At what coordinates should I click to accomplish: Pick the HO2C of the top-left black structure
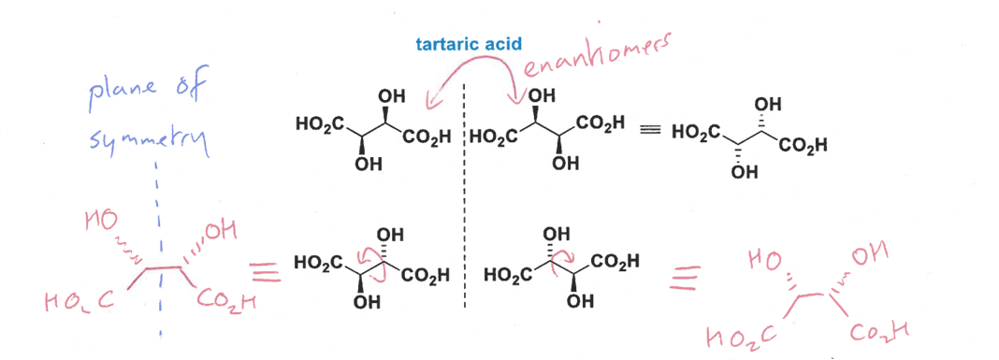click(318, 123)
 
